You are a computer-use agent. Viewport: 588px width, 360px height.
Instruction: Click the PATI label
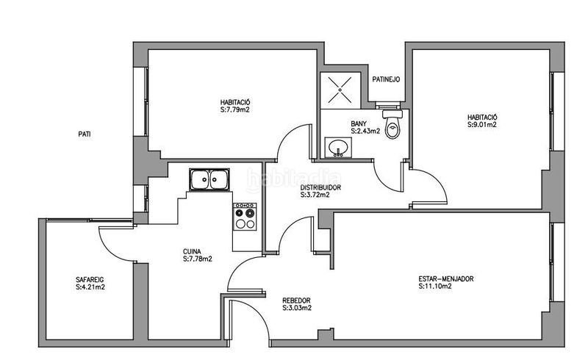point(85,134)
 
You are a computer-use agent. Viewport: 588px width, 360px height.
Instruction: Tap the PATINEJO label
point(386,79)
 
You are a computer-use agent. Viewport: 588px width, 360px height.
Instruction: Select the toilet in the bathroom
point(392,123)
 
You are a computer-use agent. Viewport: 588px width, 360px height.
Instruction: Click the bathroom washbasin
point(338,147)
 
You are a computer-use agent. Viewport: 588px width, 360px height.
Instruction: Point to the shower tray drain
point(340,90)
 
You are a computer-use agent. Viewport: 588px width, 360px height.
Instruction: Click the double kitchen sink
point(209,179)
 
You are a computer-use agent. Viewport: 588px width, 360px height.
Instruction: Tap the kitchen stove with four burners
point(245,217)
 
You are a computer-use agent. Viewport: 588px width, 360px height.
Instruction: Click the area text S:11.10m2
point(435,286)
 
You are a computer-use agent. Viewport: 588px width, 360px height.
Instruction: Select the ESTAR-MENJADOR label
point(446,279)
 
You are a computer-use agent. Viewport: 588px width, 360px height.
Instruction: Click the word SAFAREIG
point(90,280)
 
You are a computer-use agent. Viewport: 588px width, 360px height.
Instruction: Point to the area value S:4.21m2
point(90,287)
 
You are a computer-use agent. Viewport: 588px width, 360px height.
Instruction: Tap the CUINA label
point(192,251)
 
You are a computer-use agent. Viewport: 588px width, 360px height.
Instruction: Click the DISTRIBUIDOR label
point(320,187)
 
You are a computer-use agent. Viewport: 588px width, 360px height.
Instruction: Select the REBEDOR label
point(296,300)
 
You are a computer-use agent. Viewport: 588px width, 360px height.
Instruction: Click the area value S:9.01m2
point(482,125)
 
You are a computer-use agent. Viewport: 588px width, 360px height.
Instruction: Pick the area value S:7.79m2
point(235,110)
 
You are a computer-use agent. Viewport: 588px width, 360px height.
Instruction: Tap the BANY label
point(359,123)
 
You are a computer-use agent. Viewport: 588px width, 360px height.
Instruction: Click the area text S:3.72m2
point(315,195)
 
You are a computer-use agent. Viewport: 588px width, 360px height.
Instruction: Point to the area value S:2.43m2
point(365,132)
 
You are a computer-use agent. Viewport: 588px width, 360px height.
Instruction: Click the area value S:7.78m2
point(198,259)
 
